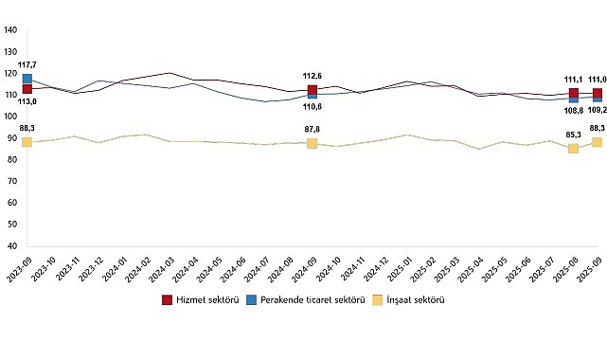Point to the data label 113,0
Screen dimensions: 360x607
tap(27, 101)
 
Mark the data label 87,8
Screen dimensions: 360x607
tap(312, 129)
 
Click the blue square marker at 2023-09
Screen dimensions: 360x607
tap(27, 79)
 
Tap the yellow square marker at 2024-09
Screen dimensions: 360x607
tap(312, 143)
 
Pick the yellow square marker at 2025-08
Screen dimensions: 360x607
tap(573, 148)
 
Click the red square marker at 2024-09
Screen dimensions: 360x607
tap(312, 90)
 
